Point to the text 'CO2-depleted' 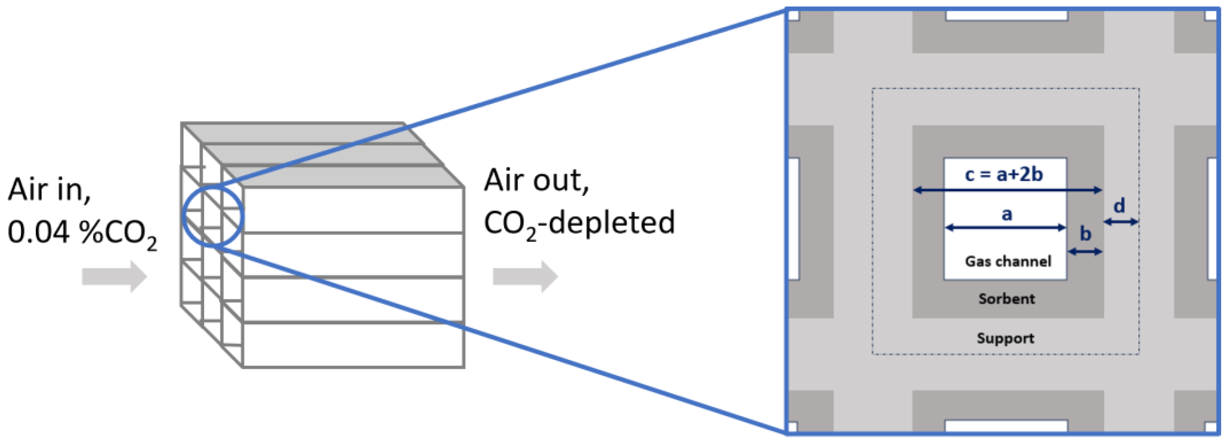(579, 223)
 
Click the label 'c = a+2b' (1003, 174)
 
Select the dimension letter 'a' (1006, 213)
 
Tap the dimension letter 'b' (1085, 234)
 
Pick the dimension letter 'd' (1119, 206)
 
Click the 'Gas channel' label (1008, 261)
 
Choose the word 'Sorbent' (1006, 299)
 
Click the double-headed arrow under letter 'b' (1085, 252)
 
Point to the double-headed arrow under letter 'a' (1005, 228)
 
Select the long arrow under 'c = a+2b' (1007, 190)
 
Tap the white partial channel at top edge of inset (1006, 15)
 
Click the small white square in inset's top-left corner (794, 15)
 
